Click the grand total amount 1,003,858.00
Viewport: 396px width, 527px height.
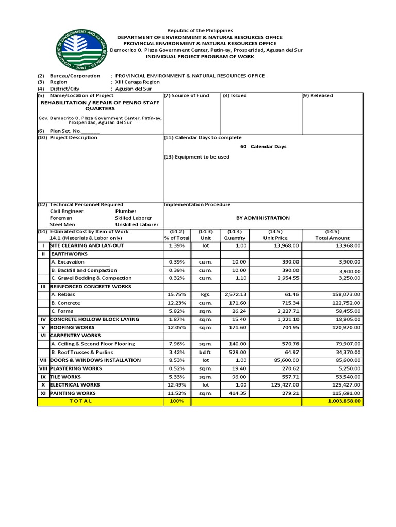pyautogui.click(x=343, y=401)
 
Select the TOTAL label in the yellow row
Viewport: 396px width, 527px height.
pyautogui.click(x=80, y=401)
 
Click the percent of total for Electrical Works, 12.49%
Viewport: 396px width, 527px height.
pyautogui.click(x=177, y=384)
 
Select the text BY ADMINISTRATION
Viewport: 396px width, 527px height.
pyautogui.click(x=262, y=218)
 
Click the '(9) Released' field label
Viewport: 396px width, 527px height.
pyautogui.click(x=318, y=95)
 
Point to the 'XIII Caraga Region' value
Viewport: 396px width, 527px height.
pyautogui.click(x=137, y=82)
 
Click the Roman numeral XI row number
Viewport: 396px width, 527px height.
pyautogui.click(x=43, y=393)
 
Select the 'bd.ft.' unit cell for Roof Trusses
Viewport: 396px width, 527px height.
pyautogui.click(x=206, y=352)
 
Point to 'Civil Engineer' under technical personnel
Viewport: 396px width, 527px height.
pyautogui.click(x=67, y=211)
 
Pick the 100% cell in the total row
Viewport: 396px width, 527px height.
pyautogui.click(x=177, y=401)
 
